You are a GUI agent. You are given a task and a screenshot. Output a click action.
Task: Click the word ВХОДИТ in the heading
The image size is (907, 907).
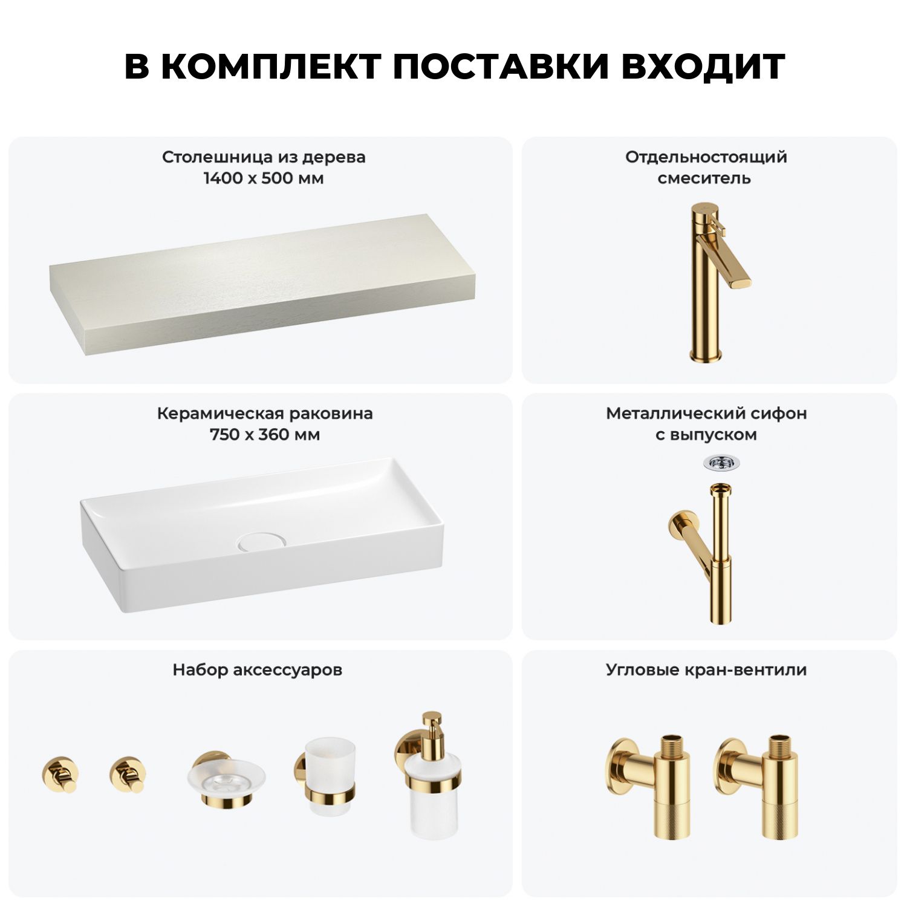703,67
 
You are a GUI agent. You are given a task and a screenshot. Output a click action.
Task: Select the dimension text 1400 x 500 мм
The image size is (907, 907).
264,178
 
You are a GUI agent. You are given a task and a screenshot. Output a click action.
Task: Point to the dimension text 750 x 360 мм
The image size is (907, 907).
265,435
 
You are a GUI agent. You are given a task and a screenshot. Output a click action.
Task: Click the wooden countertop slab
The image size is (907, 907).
262,284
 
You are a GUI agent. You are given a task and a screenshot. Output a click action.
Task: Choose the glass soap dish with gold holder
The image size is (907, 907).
226,779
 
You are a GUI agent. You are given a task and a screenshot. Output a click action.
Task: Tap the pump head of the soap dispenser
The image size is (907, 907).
432,726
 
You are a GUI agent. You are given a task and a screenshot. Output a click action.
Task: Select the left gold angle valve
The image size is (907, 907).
648,787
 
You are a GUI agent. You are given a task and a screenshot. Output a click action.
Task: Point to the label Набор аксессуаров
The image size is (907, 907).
258,670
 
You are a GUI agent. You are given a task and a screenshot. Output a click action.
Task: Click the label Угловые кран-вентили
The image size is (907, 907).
706,670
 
